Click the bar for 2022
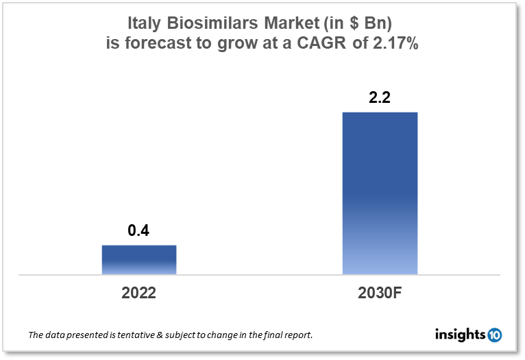click(139, 260)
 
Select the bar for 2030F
click(380, 193)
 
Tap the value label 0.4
click(139, 231)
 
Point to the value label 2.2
click(380, 97)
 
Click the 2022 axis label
click(139, 293)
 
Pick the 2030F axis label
click(380, 293)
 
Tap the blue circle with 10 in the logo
click(495, 335)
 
